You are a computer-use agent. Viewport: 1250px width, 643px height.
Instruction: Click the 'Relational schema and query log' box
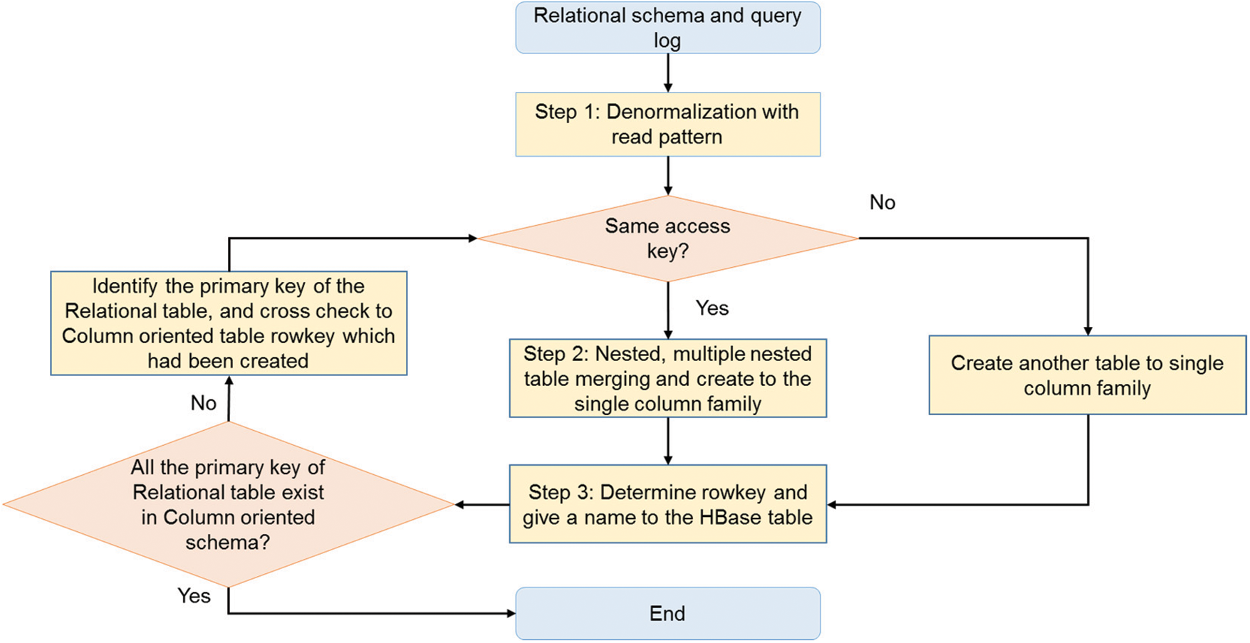point(667,28)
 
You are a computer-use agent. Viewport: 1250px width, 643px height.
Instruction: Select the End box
point(667,613)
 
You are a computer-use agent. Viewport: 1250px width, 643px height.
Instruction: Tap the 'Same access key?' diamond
point(667,239)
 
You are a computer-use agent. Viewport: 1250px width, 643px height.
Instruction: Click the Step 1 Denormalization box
point(667,124)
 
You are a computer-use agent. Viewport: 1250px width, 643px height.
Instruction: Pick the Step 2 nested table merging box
point(667,378)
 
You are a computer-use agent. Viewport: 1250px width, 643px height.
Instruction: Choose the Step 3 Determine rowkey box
point(667,504)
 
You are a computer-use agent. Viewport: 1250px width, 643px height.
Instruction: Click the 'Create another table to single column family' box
point(1087,375)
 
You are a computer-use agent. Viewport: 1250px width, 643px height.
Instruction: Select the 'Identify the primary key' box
point(228,323)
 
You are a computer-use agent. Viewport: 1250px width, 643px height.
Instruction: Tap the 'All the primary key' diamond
point(228,504)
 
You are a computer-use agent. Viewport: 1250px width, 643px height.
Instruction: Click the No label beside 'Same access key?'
point(882,202)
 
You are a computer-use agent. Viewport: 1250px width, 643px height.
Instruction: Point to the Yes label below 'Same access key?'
point(712,308)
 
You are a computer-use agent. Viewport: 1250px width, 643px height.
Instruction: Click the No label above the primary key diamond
point(203,403)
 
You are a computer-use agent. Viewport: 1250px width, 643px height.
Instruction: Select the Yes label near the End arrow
point(194,595)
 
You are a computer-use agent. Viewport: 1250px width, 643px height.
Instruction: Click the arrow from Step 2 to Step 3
point(667,441)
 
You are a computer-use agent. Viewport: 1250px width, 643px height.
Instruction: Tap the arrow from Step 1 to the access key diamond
point(667,175)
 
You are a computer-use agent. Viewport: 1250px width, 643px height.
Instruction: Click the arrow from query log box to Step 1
point(667,73)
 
